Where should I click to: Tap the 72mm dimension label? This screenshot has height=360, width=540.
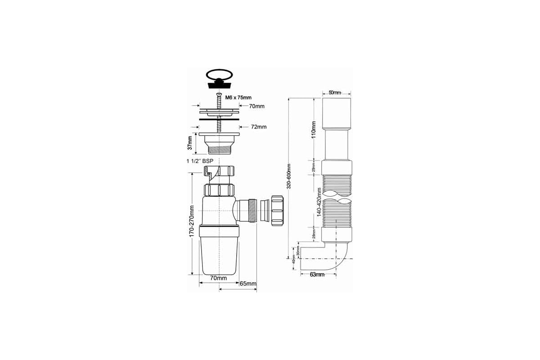(x=258, y=127)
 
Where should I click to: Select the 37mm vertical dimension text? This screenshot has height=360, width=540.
(x=190, y=143)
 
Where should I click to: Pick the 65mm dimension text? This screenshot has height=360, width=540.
(x=248, y=283)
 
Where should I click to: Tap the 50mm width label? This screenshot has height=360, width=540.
(x=334, y=93)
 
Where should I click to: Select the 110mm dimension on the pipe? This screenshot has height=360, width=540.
(x=314, y=129)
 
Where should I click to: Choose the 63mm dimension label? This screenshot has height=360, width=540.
(x=317, y=274)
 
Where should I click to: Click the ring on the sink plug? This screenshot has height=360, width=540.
(x=220, y=74)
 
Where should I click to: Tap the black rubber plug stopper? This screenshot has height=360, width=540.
(x=220, y=84)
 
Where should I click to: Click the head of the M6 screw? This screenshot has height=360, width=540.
(x=219, y=93)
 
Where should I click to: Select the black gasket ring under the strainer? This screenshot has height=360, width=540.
(x=219, y=120)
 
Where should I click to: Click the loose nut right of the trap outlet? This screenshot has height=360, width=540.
(x=276, y=209)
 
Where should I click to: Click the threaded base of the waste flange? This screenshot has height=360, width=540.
(x=219, y=148)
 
